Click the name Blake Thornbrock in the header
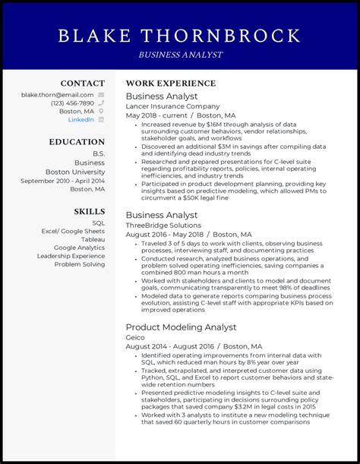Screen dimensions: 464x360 (179, 36)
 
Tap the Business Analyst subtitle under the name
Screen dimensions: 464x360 (180, 55)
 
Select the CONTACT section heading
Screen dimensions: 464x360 (83, 84)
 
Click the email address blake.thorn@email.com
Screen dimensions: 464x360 (58, 95)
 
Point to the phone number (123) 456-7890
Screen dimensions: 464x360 (73, 103)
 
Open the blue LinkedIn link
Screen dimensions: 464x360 (81, 120)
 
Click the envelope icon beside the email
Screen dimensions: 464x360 (101, 95)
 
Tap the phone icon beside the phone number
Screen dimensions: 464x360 (101, 103)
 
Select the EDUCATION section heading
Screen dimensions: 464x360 (77, 142)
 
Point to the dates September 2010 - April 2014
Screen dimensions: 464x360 (63, 181)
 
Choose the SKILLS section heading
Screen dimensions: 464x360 (90, 211)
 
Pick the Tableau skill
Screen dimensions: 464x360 (93, 238)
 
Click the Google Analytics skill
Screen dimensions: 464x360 (80, 248)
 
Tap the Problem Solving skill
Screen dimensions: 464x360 (80, 265)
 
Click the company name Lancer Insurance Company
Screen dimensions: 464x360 (172, 107)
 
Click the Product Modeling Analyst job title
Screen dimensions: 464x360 (181, 327)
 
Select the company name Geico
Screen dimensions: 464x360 (135, 337)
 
